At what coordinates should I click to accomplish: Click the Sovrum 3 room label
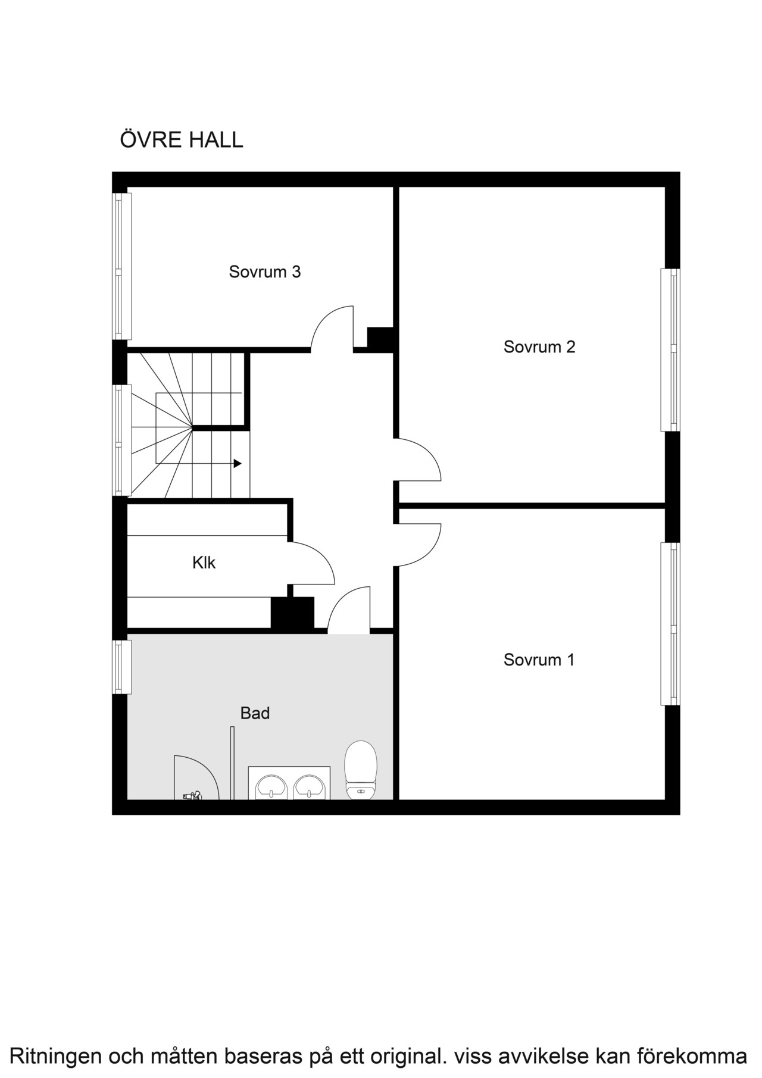click(x=265, y=272)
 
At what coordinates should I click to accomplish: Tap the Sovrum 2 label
click(x=539, y=347)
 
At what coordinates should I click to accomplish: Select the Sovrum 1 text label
click(x=539, y=660)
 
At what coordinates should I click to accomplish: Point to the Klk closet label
click(x=204, y=563)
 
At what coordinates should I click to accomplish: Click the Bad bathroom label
click(x=255, y=713)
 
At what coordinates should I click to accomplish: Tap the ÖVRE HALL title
click(x=182, y=140)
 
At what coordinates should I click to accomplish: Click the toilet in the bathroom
click(x=362, y=770)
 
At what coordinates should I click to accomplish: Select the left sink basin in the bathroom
click(x=272, y=787)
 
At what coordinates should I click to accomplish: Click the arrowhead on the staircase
click(x=238, y=463)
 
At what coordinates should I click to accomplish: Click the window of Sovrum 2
click(x=670, y=350)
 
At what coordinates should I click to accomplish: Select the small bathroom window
click(x=122, y=667)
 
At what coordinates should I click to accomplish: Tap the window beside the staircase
click(x=122, y=440)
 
